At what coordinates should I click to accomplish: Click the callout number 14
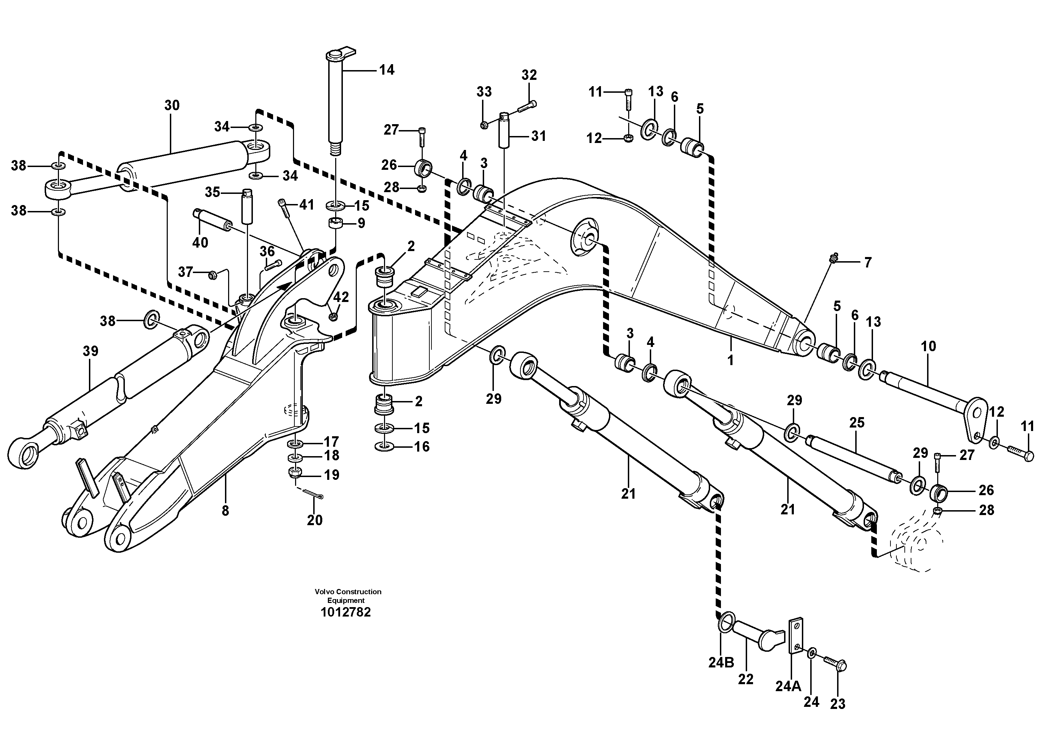click(386, 70)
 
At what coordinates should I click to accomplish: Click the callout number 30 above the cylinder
click(172, 105)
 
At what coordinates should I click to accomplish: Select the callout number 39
click(90, 351)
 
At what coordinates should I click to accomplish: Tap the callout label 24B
click(721, 663)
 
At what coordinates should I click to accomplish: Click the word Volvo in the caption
click(324, 591)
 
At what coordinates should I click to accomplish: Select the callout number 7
click(867, 263)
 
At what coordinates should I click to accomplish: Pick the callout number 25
click(857, 423)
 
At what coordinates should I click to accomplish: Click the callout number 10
click(928, 347)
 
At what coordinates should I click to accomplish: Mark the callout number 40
click(200, 242)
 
